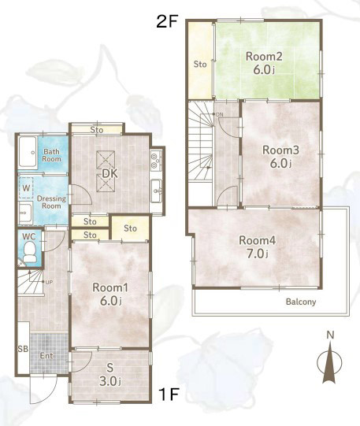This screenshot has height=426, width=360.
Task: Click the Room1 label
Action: (x=110, y=287)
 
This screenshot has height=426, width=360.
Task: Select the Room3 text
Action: (x=280, y=150)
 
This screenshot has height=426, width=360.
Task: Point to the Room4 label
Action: (x=258, y=240)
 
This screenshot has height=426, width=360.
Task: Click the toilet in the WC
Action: (x=29, y=252)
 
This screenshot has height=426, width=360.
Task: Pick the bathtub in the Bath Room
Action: (x=28, y=153)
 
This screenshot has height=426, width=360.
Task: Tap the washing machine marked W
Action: (x=26, y=187)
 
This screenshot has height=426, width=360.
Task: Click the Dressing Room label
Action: (x=51, y=202)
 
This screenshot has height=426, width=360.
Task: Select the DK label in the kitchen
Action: (x=109, y=174)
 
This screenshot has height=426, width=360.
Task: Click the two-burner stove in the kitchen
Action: (x=156, y=161)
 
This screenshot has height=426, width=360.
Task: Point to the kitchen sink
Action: (x=156, y=191)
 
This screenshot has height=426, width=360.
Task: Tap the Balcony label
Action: (x=301, y=302)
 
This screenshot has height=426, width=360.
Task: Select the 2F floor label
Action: (x=167, y=21)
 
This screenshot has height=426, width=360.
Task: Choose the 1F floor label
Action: (x=169, y=395)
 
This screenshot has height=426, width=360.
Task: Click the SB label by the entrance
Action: (x=23, y=349)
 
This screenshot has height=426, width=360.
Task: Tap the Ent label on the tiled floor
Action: (x=46, y=356)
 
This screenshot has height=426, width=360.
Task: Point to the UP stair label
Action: (x=49, y=282)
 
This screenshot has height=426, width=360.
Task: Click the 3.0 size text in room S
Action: (x=109, y=381)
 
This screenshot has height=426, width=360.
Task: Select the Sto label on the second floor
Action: (x=200, y=65)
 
